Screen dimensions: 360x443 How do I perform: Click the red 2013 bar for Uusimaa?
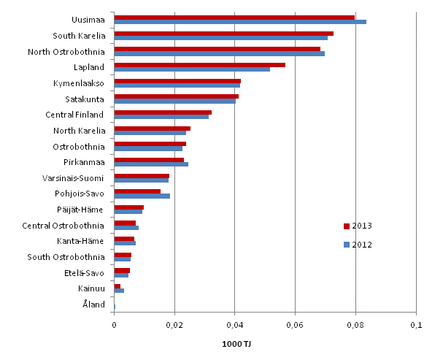pos(234,17)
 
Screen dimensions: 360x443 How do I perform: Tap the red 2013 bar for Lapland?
pos(199,65)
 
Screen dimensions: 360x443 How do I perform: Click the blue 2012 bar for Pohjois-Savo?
pos(142,196)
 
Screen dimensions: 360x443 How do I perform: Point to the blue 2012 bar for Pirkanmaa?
pos(151,164)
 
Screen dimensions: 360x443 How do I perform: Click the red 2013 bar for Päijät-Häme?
pos(128,207)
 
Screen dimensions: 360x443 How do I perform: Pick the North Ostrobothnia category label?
pos(66,52)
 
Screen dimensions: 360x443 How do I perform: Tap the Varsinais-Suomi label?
pos(74,178)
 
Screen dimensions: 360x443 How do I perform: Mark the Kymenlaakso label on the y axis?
pos(80,83)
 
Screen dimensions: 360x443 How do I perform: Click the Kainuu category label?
pos(92,289)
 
